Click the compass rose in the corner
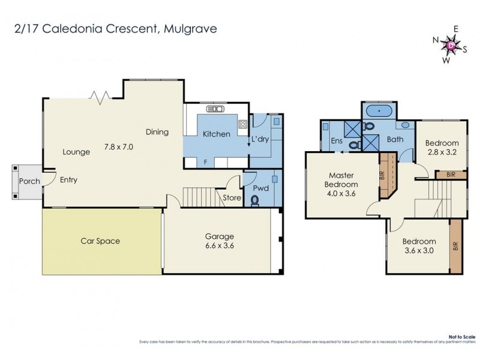click(x=452, y=44)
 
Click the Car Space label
click(x=100, y=241)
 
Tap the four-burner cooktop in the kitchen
click(x=243, y=124)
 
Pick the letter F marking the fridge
click(x=206, y=162)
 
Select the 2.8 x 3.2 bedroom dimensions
click(x=442, y=152)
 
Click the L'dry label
click(x=260, y=139)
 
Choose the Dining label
click(x=157, y=132)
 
